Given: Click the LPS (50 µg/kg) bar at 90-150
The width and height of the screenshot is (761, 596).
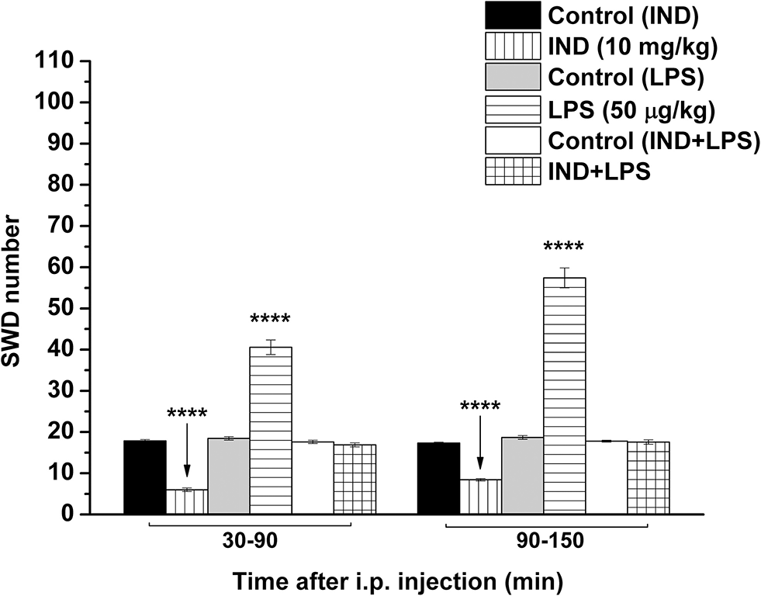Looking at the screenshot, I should click(564, 396).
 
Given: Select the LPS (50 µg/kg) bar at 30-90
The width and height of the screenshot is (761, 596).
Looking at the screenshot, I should click(271, 430).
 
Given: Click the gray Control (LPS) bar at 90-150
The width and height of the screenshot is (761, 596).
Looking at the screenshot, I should click(522, 476).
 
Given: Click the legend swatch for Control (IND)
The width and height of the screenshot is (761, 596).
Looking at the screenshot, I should click(513, 15).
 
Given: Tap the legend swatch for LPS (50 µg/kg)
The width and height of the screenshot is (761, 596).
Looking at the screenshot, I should click(513, 108).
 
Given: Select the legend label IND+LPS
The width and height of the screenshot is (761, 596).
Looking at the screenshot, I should click(598, 170).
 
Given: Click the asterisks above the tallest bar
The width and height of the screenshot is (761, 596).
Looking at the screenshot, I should click(564, 248).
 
